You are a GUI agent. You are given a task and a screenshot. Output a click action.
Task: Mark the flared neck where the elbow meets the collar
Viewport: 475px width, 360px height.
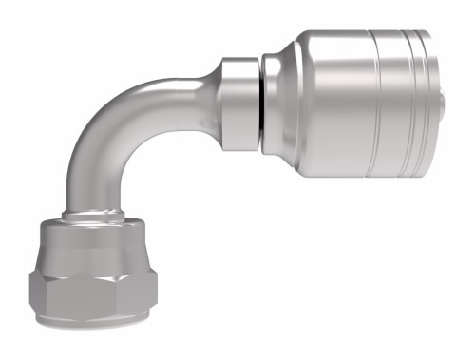[x=204, y=90]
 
